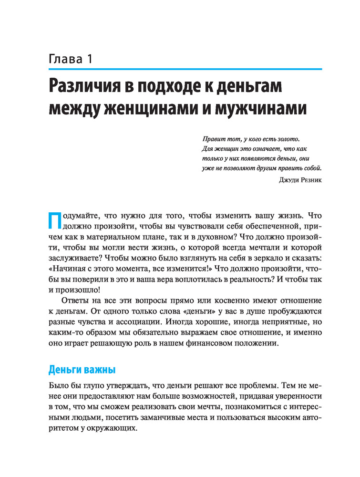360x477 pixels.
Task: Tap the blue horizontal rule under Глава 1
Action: pos(185,70)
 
